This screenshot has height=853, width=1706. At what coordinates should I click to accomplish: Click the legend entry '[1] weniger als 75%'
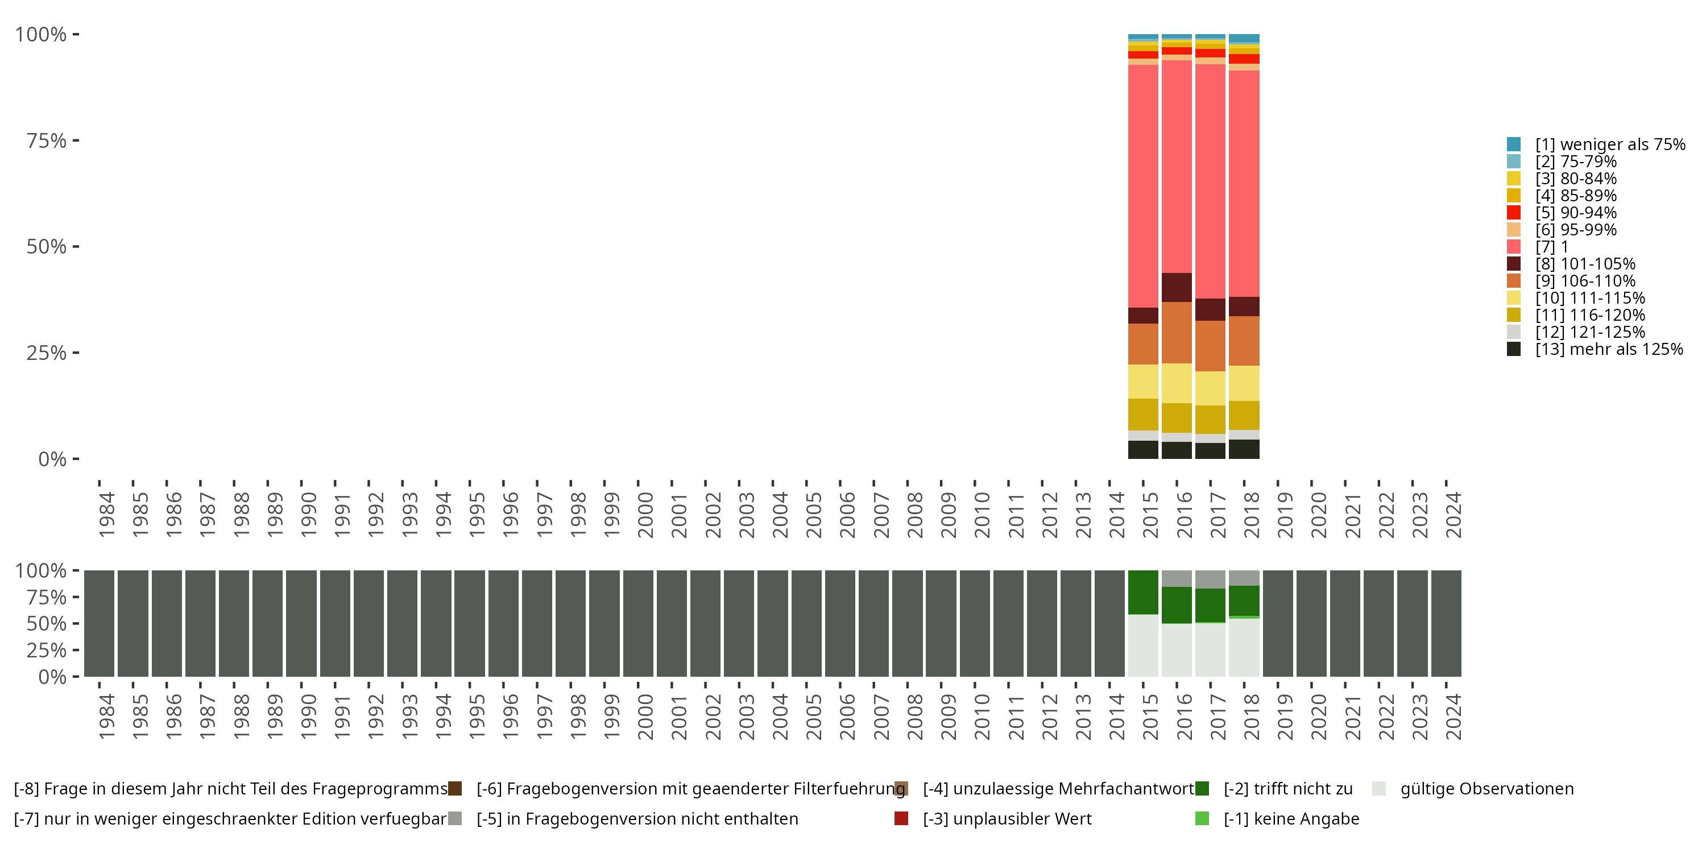(1609, 144)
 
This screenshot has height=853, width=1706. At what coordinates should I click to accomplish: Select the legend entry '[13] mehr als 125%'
(1609, 349)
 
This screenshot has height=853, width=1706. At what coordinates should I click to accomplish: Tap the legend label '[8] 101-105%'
(1585, 264)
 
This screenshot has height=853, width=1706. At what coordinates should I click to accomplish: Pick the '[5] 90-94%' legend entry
(1576, 213)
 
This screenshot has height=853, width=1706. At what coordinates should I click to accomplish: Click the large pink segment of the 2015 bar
(1143, 185)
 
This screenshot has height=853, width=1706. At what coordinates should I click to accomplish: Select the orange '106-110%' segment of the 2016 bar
(1177, 333)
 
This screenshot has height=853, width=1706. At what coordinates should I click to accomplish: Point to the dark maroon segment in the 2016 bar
(1177, 287)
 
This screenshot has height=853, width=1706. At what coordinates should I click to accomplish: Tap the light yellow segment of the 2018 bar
(1244, 383)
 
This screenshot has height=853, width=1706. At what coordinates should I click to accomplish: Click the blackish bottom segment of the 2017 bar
(1210, 451)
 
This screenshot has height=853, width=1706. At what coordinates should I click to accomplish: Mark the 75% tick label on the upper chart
(47, 140)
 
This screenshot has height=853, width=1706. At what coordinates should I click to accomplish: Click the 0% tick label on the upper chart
(52, 459)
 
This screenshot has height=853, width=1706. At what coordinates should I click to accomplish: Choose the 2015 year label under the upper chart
(1150, 515)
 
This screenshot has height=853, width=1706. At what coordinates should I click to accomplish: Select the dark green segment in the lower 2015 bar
(1143, 592)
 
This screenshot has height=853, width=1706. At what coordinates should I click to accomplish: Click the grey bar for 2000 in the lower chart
(639, 623)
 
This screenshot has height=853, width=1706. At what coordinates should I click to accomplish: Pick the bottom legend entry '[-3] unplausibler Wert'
(1007, 818)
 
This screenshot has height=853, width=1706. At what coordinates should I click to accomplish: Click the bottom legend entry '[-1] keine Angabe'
(1291, 818)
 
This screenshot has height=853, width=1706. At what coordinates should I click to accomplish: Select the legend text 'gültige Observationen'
(1486, 789)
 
